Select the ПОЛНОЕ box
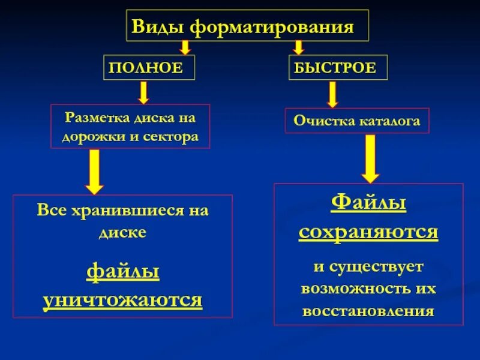[x=149, y=67]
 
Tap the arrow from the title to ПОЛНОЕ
[x=185, y=47]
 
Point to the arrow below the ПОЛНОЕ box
[x=144, y=92]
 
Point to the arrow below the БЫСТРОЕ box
[x=332, y=94]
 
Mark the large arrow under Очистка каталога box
[x=370, y=158]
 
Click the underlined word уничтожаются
[x=122, y=299]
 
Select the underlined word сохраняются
[x=368, y=232]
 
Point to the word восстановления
[x=368, y=311]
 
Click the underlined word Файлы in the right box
[x=368, y=203]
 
